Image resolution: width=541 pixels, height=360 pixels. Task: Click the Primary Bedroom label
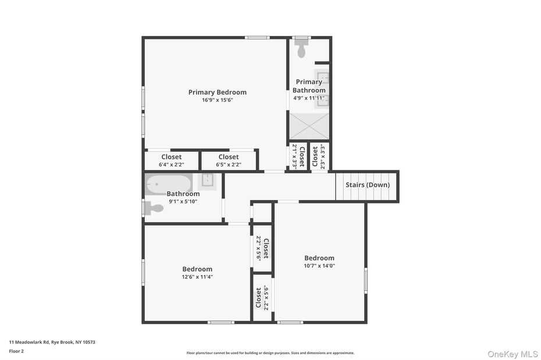pyautogui.click(x=217, y=92)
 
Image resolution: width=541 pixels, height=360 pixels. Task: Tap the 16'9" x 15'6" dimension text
pyautogui.click(x=217, y=100)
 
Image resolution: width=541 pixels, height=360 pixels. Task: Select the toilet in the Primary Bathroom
pyautogui.click(x=301, y=51)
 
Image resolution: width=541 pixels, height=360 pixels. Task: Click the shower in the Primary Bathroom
pyautogui.click(x=309, y=126)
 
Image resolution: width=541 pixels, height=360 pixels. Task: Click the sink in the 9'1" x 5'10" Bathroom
pyautogui.click(x=208, y=180)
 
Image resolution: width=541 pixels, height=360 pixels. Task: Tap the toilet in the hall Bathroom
pyautogui.click(x=154, y=208)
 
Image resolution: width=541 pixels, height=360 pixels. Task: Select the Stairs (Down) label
pyautogui.click(x=368, y=185)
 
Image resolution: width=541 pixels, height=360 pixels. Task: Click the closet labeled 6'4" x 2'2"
pyautogui.click(x=171, y=161)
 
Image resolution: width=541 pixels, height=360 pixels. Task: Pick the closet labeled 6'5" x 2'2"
pyautogui.click(x=228, y=161)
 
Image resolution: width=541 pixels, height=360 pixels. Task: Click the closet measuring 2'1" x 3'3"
pyautogui.click(x=298, y=156)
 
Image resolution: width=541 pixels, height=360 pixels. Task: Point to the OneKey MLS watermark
pyautogui.click(x=512, y=354)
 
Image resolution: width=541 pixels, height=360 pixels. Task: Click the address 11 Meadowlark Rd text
pyautogui.click(x=52, y=342)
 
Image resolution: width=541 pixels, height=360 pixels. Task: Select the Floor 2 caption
pyautogui.click(x=16, y=351)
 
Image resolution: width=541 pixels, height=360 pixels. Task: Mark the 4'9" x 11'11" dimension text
pyautogui.click(x=309, y=98)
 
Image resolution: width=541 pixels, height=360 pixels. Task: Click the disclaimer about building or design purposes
pyautogui.click(x=270, y=353)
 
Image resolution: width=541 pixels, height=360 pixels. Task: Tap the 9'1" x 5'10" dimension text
pyautogui.click(x=183, y=201)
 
